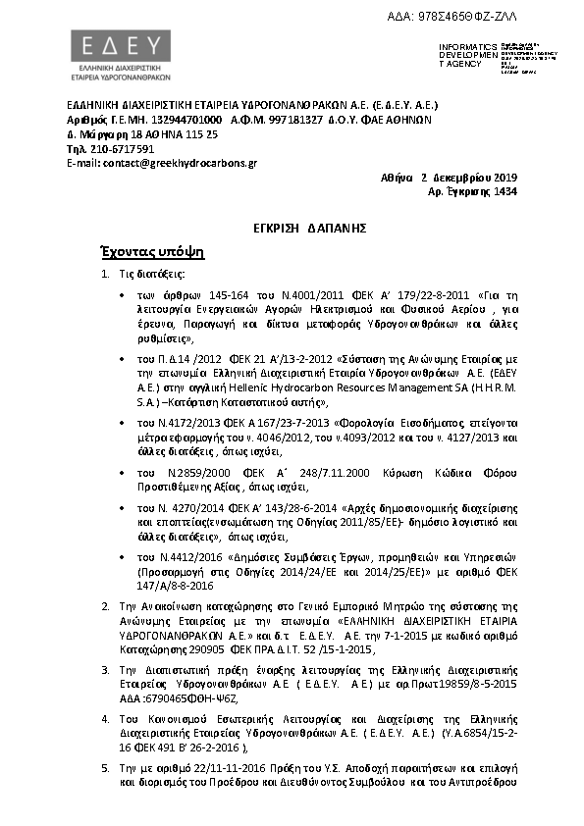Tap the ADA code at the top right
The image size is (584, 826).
tap(473, 17)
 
